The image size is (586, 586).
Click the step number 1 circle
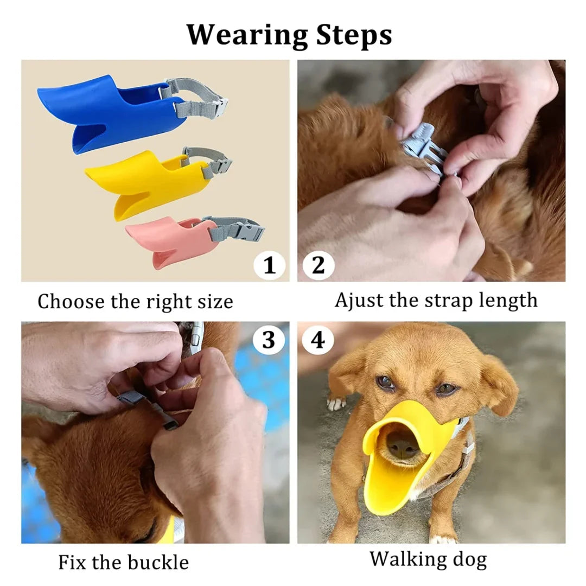(x=269, y=265)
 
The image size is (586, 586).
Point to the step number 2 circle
(x=318, y=265)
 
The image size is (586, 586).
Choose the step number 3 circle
(x=269, y=340)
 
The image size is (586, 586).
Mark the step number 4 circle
(x=318, y=340)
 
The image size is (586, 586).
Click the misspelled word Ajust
(x=359, y=300)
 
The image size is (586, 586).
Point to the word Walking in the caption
(x=406, y=558)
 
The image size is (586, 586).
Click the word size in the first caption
(x=214, y=301)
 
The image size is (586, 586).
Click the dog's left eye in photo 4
(x=447, y=388)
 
